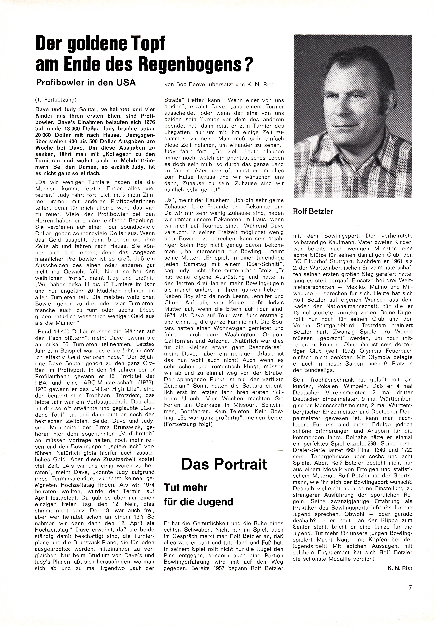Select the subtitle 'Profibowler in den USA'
pyautogui.click(x=86, y=83)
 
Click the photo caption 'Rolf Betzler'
pyautogui.click(x=313, y=211)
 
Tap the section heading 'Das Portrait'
pyautogui.click(x=224, y=464)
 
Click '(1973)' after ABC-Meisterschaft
pyautogui.click(x=146, y=383)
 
